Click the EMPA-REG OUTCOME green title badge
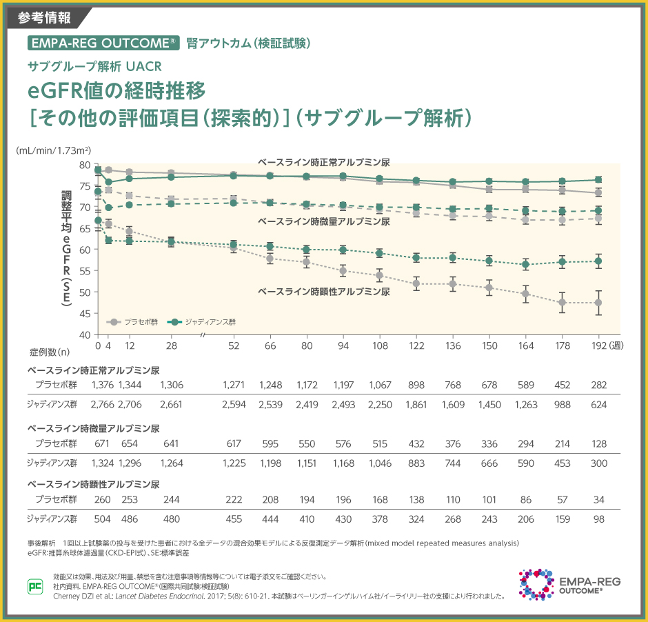point(104,43)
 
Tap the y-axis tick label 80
point(85,165)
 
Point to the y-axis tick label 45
point(85,313)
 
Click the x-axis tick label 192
point(598,345)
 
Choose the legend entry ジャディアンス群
point(210,322)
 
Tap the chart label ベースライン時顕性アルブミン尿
point(323,292)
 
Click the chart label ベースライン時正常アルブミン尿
point(324,162)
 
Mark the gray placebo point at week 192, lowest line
point(598,303)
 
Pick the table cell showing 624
point(598,405)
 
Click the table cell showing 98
point(598,519)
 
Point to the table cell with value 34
point(598,499)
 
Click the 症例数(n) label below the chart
point(50,352)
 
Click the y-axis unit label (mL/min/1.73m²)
point(54,149)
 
